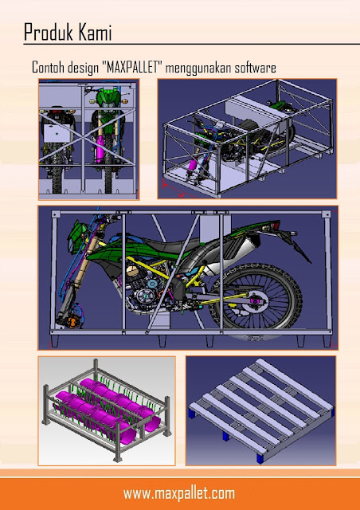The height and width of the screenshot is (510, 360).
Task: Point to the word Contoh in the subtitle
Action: (48, 68)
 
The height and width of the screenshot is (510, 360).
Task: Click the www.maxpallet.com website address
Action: (179, 494)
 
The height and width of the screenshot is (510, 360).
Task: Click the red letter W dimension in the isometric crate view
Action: (182, 194)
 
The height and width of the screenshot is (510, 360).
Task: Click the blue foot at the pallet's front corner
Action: (260, 459)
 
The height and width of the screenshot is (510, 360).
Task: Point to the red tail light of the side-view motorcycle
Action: (276, 225)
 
